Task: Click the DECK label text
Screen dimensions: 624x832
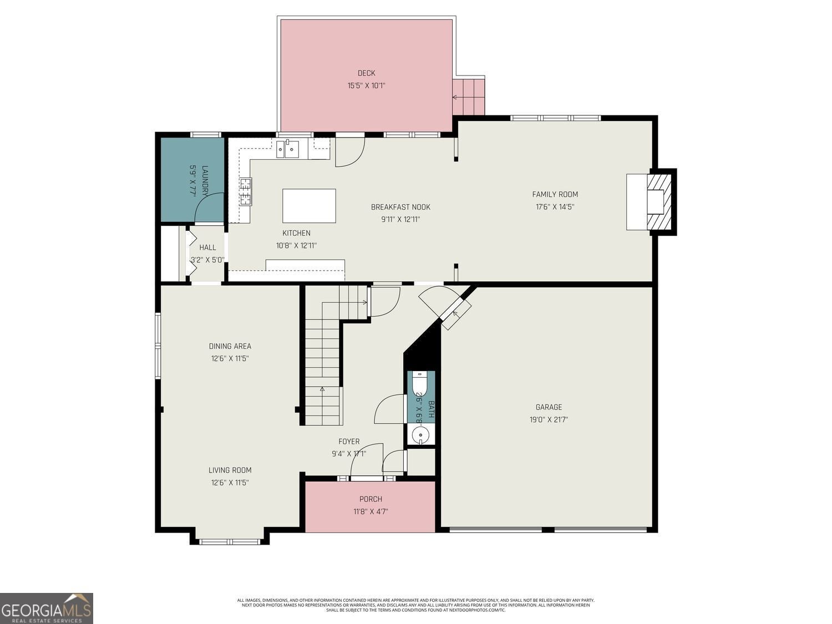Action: pyautogui.click(x=366, y=73)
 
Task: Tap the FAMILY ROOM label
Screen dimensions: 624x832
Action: pyautogui.click(x=555, y=194)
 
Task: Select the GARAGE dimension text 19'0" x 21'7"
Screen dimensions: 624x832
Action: pyautogui.click(x=549, y=420)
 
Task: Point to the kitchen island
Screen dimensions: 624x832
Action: pyautogui.click(x=309, y=206)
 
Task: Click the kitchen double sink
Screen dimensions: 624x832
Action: pyautogui.click(x=287, y=149)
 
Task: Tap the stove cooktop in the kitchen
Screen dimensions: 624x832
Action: pyautogui.click(x=245, y=191)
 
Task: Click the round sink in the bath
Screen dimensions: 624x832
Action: pyautogui.click(x=420, y=434)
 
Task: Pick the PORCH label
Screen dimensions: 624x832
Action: pyautogui.click(x=371, y=499)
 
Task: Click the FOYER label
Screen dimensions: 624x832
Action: pyautogui.click(x=349, y=442)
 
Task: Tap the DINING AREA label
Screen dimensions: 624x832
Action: pyautogui.click(x=230, y=346)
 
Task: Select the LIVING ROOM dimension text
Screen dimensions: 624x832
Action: pyautogui.click(x=230, y=483)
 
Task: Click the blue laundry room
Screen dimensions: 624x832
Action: pyautogui.click(x=192, y=179)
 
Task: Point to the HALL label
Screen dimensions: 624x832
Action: pyautogui.click(x=207, y=247)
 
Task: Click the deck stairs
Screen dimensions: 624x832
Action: pyautogui.click(x=469, y=97)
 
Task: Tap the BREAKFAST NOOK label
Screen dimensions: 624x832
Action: pyautogui.click(x=400, y=207)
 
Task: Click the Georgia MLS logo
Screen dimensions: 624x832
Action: pyautogui.click(x=47, y=608)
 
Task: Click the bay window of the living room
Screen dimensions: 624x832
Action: pyautogui.click(x=230, y=541)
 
